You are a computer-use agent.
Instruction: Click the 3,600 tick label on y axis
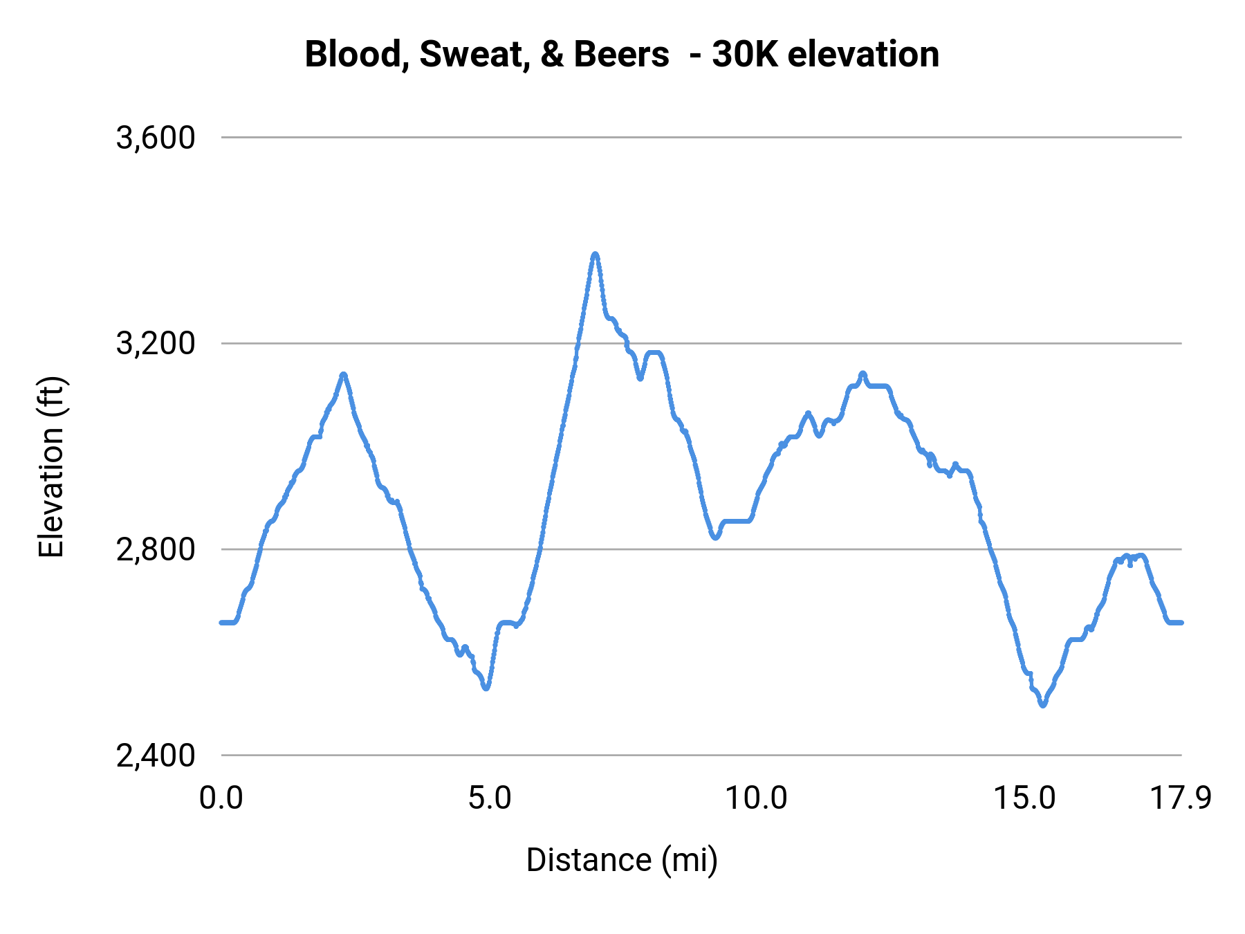pos(156,138)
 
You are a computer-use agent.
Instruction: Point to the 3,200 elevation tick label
pos(156,343)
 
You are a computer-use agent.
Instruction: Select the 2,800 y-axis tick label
pos(156,549)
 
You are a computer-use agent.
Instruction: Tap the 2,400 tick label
pos(156,755)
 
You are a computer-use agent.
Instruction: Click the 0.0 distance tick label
pos(221,798)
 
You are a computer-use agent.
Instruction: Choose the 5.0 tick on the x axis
pos(490,798)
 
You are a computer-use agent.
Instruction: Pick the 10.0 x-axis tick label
pos(756,798)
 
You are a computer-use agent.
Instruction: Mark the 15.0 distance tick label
pos(1025,798)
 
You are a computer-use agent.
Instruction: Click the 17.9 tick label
pos(1181,798)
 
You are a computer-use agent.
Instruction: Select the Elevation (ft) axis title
pos(51,467)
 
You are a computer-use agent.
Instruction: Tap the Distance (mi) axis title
pos(622,860)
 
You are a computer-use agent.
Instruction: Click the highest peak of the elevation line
pos(595,255)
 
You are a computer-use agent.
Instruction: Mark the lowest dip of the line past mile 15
pos(1043,705)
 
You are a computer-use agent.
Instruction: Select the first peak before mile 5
pos(343,374)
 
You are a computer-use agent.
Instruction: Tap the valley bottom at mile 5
pos(486,688)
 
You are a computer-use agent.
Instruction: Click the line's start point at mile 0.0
pos(221,623)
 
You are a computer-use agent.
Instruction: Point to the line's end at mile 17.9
pos(1181,623)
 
